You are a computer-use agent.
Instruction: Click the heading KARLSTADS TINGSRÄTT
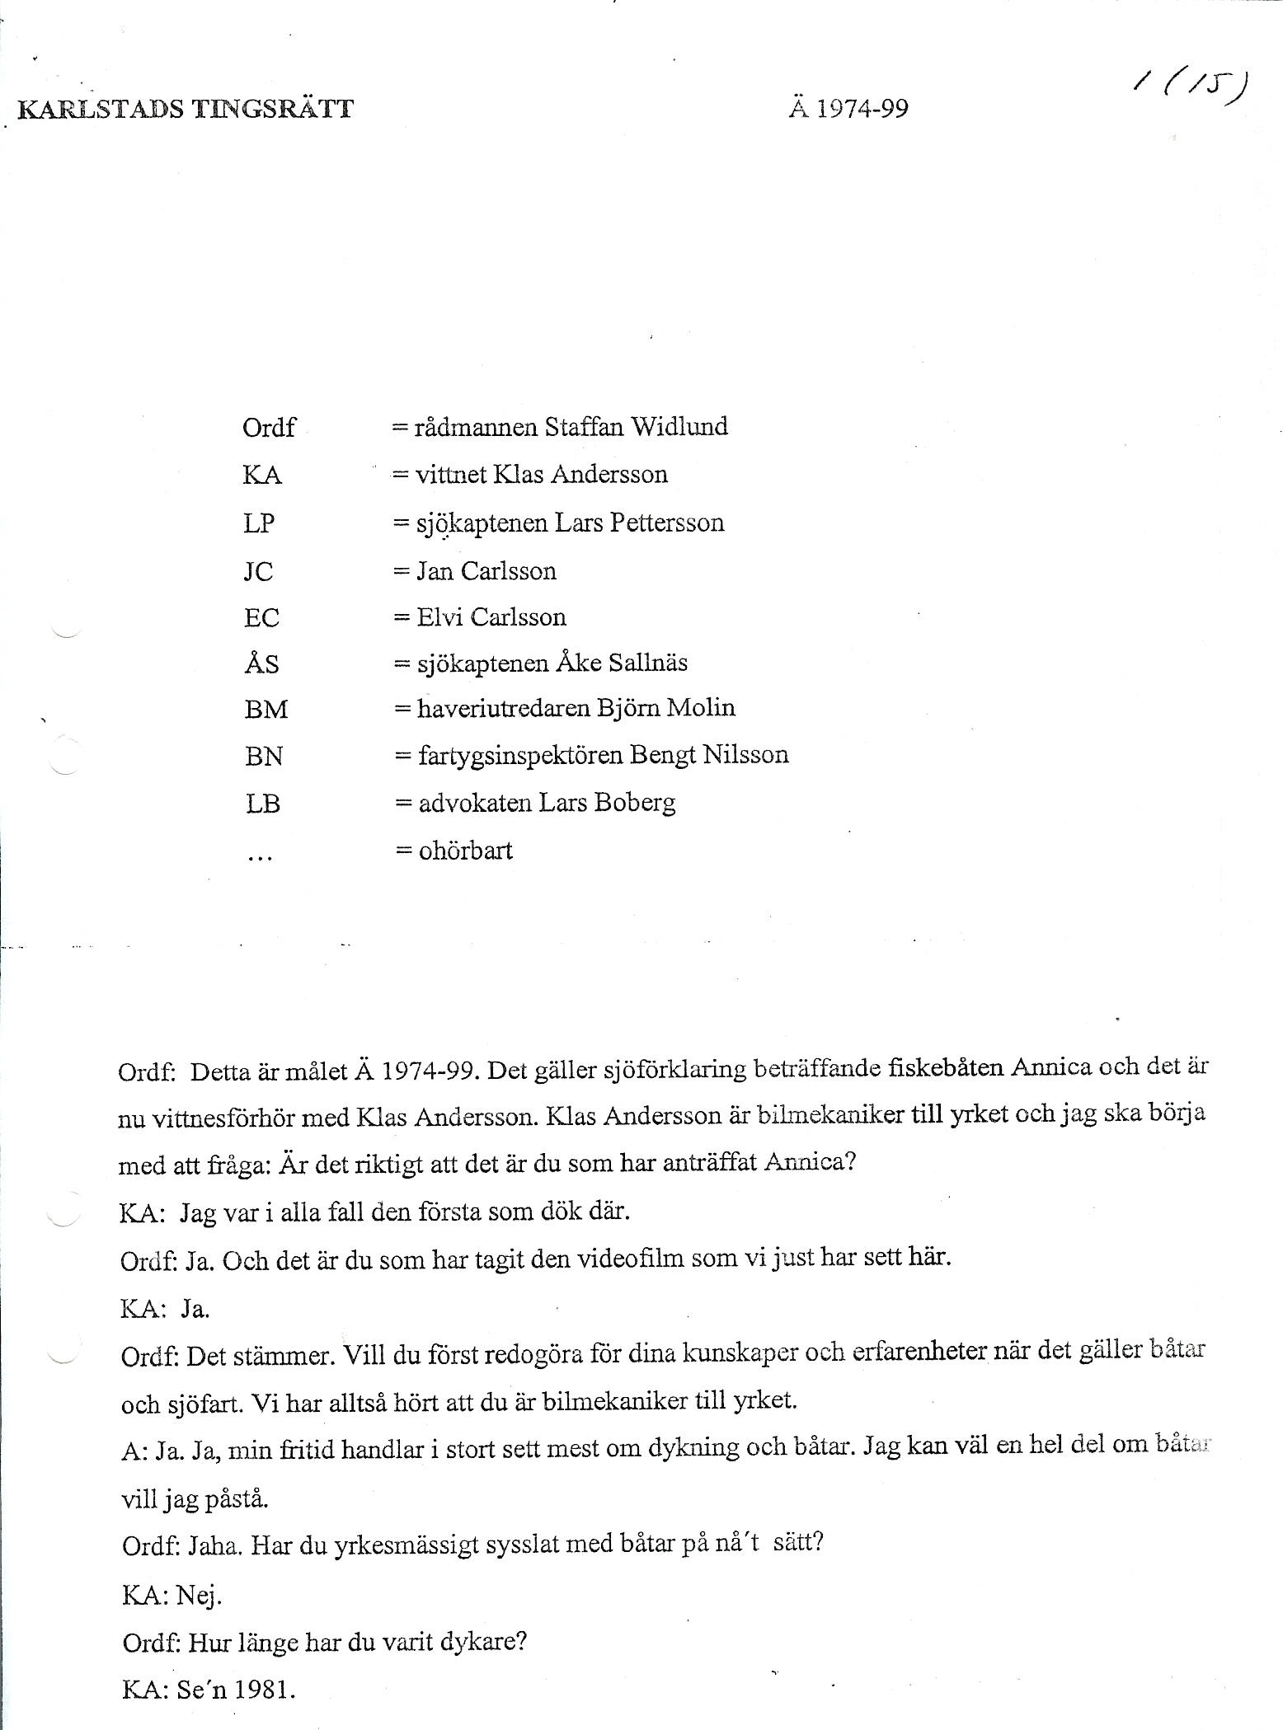[186, 109]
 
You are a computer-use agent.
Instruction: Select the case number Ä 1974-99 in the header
[848, 108]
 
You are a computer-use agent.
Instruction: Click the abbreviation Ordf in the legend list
[268, 427]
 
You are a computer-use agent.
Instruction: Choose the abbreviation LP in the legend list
[259, 523]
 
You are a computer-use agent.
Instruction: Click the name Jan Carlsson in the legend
[486, 570]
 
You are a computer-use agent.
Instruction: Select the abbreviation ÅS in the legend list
[261, 663]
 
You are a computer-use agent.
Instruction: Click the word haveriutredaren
[518, 708]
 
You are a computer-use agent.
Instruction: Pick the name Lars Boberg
[607, 802]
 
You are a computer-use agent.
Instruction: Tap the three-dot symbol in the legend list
[259, 857]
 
